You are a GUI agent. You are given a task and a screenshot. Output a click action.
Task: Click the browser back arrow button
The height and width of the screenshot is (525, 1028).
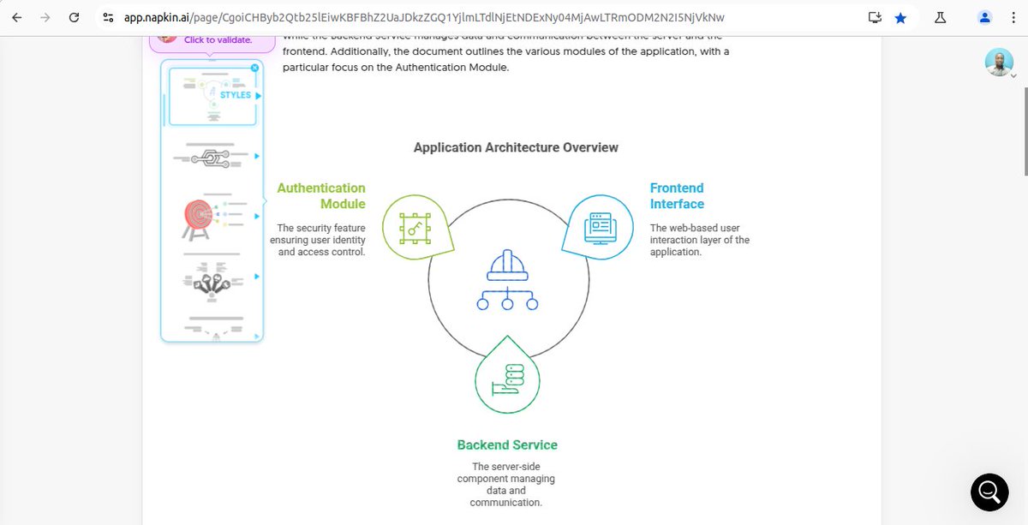click(x=16, y=17)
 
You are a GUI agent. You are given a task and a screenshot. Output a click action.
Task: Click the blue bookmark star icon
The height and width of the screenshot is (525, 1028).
click(x=900, y=17)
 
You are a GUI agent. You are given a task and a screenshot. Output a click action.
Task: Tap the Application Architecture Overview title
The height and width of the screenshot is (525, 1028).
click(x=516, y=147)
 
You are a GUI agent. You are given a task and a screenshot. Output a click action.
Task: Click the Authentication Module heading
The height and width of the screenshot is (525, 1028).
click(x=321, y=196)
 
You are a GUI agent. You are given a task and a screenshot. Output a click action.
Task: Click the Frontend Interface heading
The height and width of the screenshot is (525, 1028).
click(x=677, y=196)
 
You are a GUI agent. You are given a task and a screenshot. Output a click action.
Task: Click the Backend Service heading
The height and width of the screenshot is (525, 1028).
click(x=507, y=445)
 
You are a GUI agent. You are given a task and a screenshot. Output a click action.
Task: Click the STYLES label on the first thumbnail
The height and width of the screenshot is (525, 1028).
click(x=236, y=95)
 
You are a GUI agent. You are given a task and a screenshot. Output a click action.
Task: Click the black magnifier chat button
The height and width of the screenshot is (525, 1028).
click(x=989, y=492)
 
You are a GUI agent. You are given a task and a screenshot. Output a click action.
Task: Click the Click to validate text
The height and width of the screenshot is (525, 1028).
click(x=218, y=39)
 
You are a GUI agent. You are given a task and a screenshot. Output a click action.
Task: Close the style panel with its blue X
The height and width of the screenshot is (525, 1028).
click(x=254, y=68)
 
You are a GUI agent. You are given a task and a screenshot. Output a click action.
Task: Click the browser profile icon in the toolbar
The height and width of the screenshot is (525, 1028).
click(x=985, y=17)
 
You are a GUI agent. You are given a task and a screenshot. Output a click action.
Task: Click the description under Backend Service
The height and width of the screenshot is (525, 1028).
click(x=506, y=485)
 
